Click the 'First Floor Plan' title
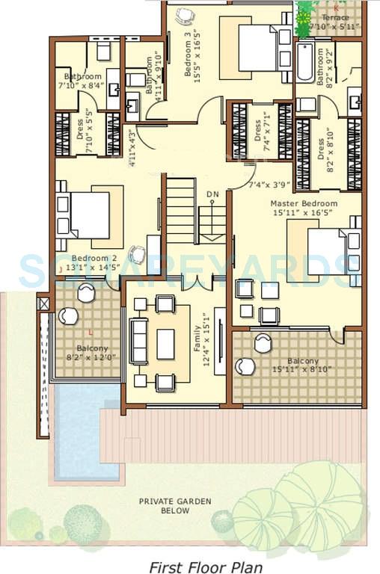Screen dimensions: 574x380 [x=204, y=567]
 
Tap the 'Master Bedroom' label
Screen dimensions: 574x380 [x=304, y=203]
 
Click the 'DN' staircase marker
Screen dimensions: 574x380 [x=213, y=195]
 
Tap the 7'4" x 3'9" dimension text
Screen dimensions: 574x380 [x=268, y=185]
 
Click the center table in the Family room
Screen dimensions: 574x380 [x=165, y=344]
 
